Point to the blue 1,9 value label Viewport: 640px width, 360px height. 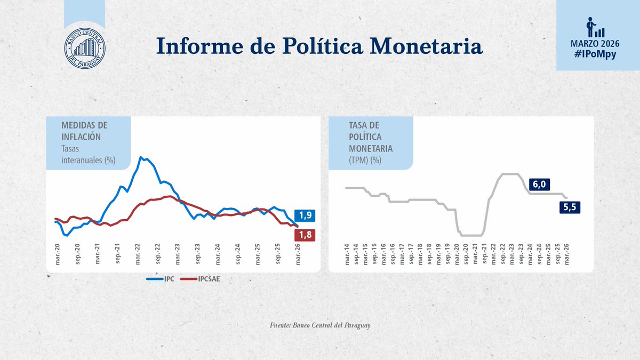(x=305, y=215)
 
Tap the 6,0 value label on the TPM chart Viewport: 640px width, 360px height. (x=539, y=185)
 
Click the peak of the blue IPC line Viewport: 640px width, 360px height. (x=140, y=157)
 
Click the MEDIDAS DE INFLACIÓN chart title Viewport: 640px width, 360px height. (x=84, y=130)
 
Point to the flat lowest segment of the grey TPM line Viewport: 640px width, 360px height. (x=471, y=235)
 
